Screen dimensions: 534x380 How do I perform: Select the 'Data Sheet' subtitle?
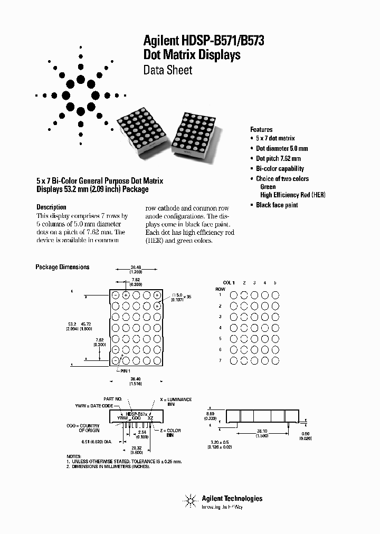tap(168, 70)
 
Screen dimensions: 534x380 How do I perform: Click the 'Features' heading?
tap(261, 129)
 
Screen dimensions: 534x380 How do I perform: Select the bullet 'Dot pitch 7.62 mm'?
tap(278, 158)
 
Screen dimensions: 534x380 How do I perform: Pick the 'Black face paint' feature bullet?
tap(277, 205)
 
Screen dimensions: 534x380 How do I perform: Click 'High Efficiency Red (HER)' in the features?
tap(293, 195)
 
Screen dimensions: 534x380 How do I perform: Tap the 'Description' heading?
tap(51, 207)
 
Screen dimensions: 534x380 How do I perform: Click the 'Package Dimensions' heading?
tap(62, 267)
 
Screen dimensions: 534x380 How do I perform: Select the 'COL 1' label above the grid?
tap(228, 283)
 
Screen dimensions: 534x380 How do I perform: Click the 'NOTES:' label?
tap(74, 456)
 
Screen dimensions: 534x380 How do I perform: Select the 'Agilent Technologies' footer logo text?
tap(232, 499)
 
